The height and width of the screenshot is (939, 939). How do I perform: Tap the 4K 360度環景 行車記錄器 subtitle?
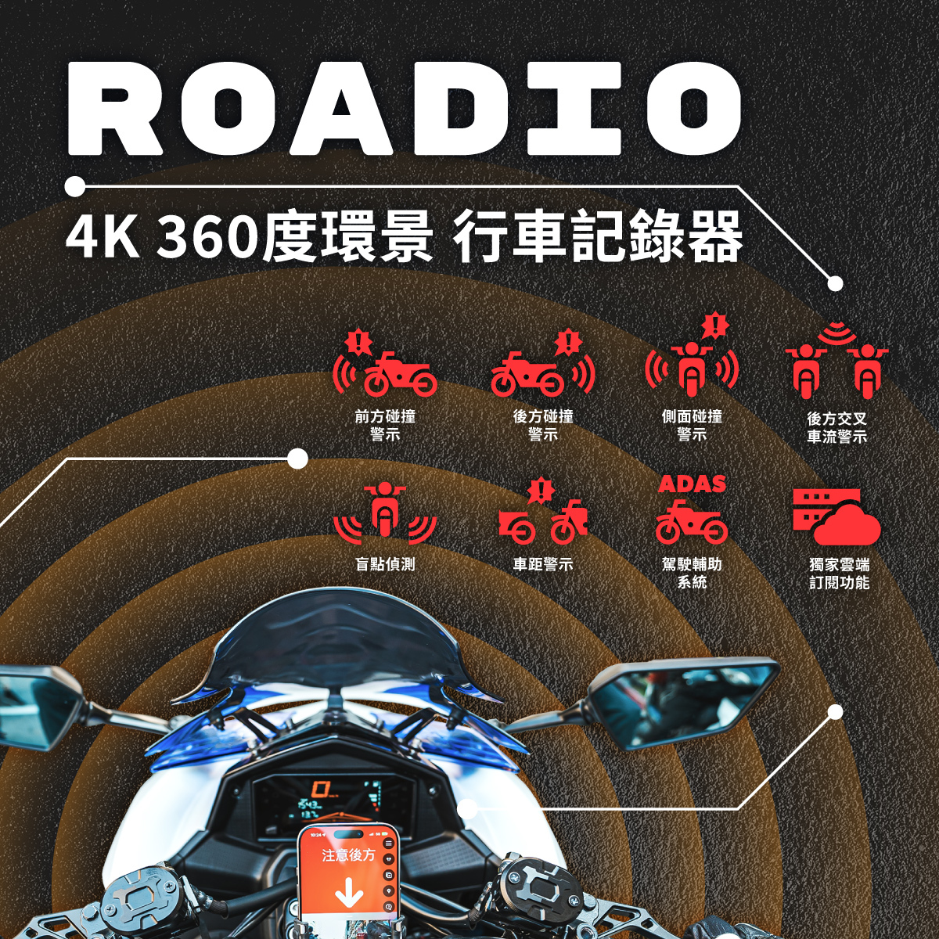[404, 236]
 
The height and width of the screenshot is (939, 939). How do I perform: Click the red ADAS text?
[692, 484]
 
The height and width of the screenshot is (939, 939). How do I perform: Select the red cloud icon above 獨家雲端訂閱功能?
[836, 517]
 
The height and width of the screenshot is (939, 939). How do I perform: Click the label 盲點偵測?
[385, 564]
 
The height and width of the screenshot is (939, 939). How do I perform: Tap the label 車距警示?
[542, 564]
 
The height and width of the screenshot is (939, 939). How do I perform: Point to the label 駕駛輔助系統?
[692, 573]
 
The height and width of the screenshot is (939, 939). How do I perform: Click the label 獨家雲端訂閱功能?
[839, 573]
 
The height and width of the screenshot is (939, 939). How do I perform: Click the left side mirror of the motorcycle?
[35, 703]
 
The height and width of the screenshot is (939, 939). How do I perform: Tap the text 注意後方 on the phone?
[348, 855]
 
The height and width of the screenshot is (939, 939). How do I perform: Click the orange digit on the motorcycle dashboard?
[320, 788]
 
